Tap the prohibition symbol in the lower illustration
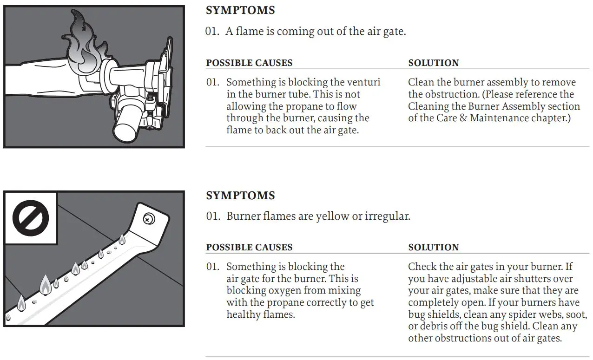[30, 218]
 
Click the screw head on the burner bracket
[149, 217]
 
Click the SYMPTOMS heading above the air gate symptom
[240, 10]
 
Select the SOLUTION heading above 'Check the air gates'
[433, 247]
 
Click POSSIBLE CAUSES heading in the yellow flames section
[249, 247]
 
